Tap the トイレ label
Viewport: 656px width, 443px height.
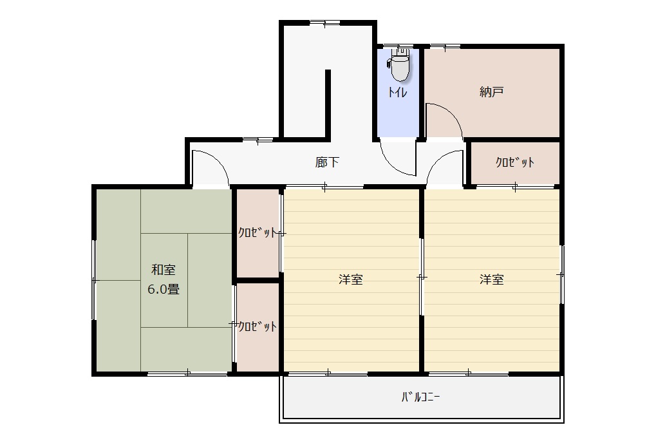[x=397, y=92]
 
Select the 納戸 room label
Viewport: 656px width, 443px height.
[x=491, y=91]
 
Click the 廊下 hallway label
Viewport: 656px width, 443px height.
[x=327, y=162]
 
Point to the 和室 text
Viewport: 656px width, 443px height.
[x=163, y=270]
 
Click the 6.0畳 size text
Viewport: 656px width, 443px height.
[x=164, y=289]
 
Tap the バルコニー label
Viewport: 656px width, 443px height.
[x=420, y=397]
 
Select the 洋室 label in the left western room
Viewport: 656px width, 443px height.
[x=351, y=279]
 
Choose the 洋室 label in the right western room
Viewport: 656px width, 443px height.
[x=492, y=279]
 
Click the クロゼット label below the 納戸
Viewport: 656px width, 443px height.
[x=514, y=162]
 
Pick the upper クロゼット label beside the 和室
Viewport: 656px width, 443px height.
[x=258, y=232]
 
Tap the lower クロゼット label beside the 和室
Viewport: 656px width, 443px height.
[x=258, y=326]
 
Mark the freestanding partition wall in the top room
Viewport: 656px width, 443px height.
[x=328, y=104]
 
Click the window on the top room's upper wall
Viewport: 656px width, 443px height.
[x=324, y=23]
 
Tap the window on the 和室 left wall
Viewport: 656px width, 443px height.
[x=94, y=279]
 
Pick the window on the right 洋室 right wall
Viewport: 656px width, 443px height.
[x=562, y=274]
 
